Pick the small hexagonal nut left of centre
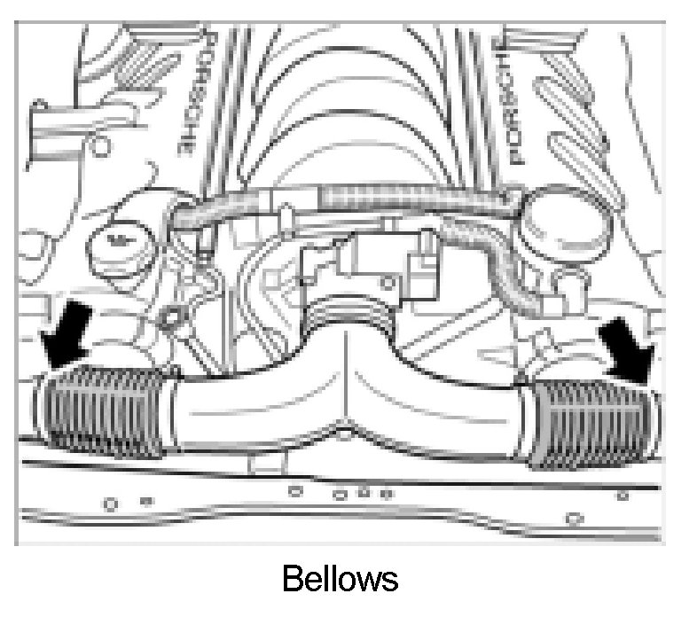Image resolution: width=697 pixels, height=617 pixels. pos(172,316)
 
